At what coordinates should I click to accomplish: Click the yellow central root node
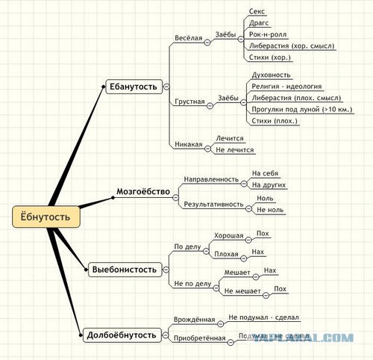point(46,217)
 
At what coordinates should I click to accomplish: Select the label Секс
point(257,11)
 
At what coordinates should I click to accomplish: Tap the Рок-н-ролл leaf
point(268,34)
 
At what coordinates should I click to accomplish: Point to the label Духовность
point(271,75)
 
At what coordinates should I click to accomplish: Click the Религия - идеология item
point(286,87)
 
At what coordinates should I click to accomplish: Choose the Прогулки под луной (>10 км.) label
point(302,109)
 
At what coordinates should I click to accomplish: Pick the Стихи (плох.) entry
point(275,121)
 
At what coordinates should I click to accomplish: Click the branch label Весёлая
point(189,38)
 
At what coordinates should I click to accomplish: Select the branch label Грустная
point(189,102)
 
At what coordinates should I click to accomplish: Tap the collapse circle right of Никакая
point(207,149)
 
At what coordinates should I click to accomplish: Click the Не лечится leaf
point(235,150)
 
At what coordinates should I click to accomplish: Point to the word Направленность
point(211,179)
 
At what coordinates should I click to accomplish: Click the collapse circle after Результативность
point(248,208)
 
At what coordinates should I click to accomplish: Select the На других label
point(269,184)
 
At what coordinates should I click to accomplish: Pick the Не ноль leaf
point(270,210)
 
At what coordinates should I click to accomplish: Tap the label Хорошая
point(228,235)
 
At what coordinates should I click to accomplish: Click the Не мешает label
point(242,291)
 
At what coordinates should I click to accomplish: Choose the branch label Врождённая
point(194,320)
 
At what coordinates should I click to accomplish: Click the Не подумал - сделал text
point(263,317)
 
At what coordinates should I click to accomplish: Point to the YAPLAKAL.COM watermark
point(304,338)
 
